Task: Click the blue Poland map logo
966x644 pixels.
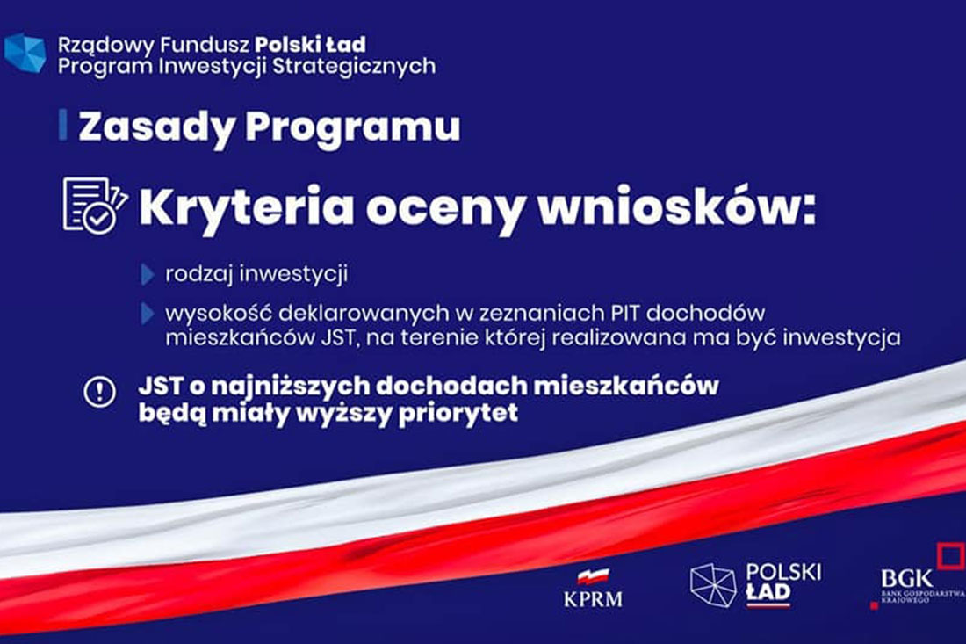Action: tap(25, 53)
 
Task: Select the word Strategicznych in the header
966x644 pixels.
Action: tap(354, 67)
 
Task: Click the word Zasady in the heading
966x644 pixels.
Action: tap(157, 127)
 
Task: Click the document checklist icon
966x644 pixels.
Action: tap(95, 206)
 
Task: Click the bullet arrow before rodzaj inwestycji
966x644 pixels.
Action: tap(148, 274)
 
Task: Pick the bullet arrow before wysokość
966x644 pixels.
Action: tap(148, 314)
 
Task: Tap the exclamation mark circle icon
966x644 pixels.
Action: tap(99, 391)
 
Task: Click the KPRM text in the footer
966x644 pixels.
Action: tap(593, 598)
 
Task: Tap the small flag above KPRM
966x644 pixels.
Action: tap(594, 577)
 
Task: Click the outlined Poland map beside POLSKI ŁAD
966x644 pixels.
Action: tap(713, 585)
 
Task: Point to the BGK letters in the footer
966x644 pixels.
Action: tap(907, 579)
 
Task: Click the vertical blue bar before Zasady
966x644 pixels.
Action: tap(63, 125)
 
